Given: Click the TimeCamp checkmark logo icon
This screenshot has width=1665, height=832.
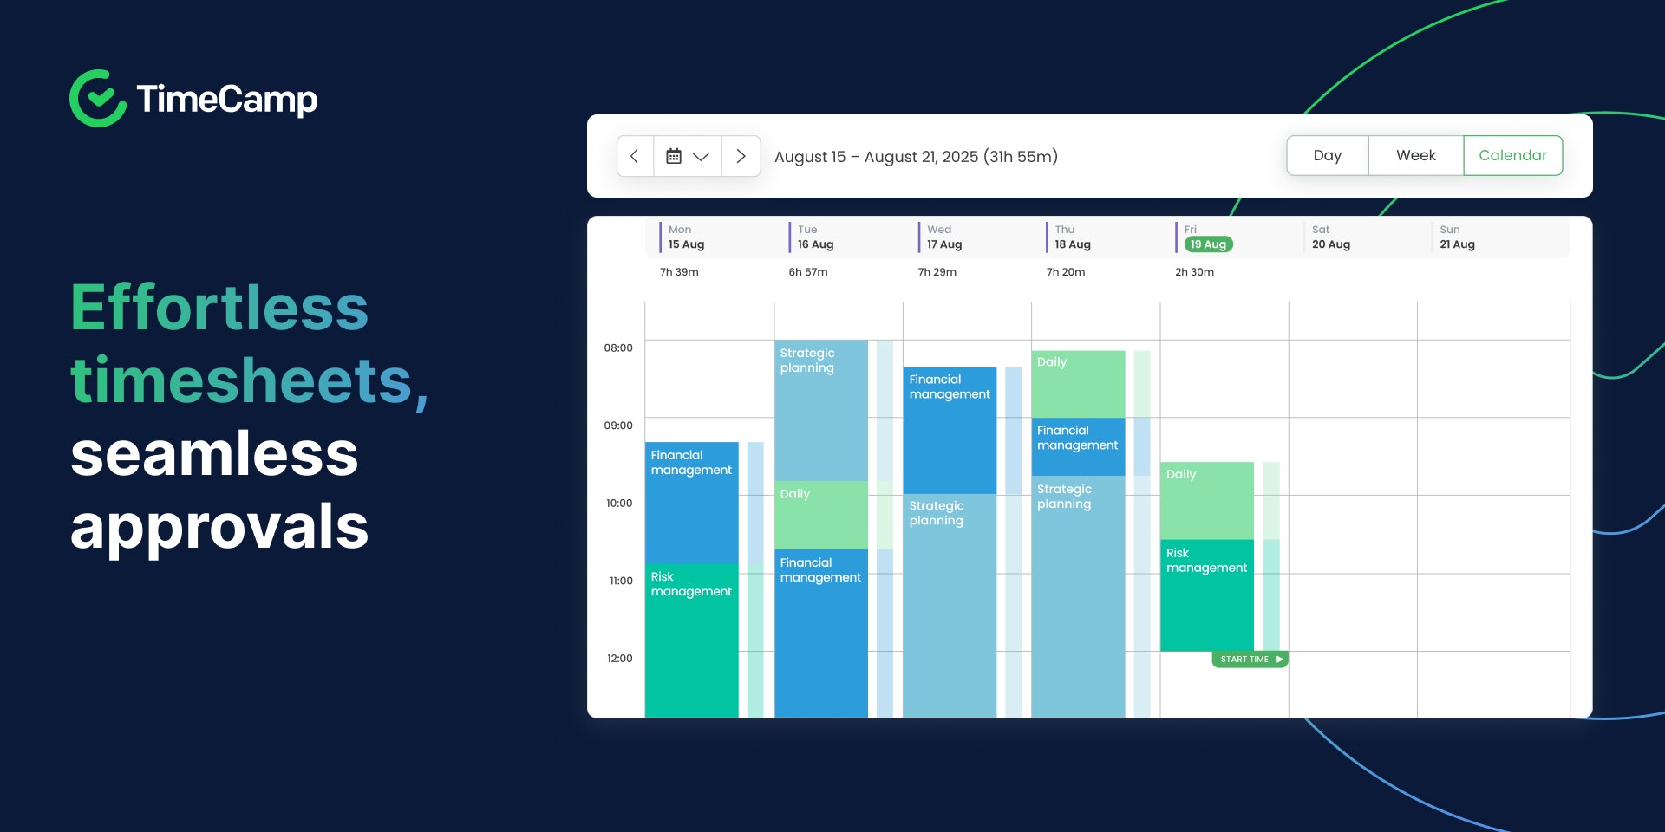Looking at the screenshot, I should pos(98,99).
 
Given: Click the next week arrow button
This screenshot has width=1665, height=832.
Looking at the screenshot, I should pos(741,156).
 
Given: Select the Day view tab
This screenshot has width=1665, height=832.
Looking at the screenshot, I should pos(1327,156).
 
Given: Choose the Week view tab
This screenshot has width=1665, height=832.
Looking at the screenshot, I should pos(1415,156).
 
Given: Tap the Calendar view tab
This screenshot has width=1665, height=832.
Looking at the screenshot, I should pos(1512,156).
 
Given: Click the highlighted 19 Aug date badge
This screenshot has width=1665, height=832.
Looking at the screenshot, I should pos(1208,244).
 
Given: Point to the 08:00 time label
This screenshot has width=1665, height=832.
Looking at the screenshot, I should pos(618,348).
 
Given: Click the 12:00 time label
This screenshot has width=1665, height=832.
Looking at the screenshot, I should pos(619,659).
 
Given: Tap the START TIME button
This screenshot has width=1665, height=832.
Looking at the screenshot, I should pos(1250,660).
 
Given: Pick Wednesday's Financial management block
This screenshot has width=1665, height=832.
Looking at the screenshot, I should pos(950,429).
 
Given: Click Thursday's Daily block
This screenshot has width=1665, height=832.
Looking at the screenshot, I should pos(1078,383).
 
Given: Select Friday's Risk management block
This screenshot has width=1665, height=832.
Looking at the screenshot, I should pos(1206,595).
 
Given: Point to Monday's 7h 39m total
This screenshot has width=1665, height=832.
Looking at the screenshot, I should pos(679,272).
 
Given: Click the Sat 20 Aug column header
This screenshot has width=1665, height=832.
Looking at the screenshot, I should pos(1330,237).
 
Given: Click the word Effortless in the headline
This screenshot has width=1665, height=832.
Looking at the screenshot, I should pos(219,308).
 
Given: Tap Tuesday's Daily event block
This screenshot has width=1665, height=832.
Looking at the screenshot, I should pos(820,515).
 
